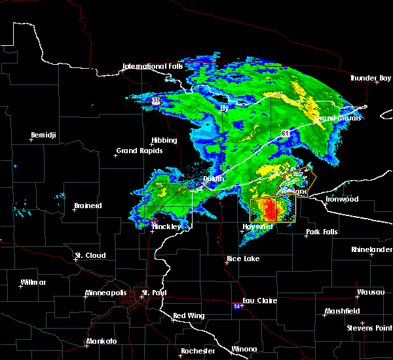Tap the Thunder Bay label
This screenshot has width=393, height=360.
coord(370,79)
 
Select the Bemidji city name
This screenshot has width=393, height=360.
coord(44,136)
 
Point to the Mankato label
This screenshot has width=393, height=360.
coord(102,342)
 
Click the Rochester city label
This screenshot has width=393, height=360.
coord(198,351)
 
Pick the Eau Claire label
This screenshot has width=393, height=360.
coord(260,301)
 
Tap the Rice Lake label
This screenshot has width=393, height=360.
coord(243,259)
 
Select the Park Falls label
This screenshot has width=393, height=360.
coord(322,232)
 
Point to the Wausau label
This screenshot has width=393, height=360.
coord(370,292)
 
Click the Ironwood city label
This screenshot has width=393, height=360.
coord(343,199)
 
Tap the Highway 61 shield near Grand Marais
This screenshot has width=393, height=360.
coord(286,133)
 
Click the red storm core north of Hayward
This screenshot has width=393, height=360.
coord(271,210)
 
